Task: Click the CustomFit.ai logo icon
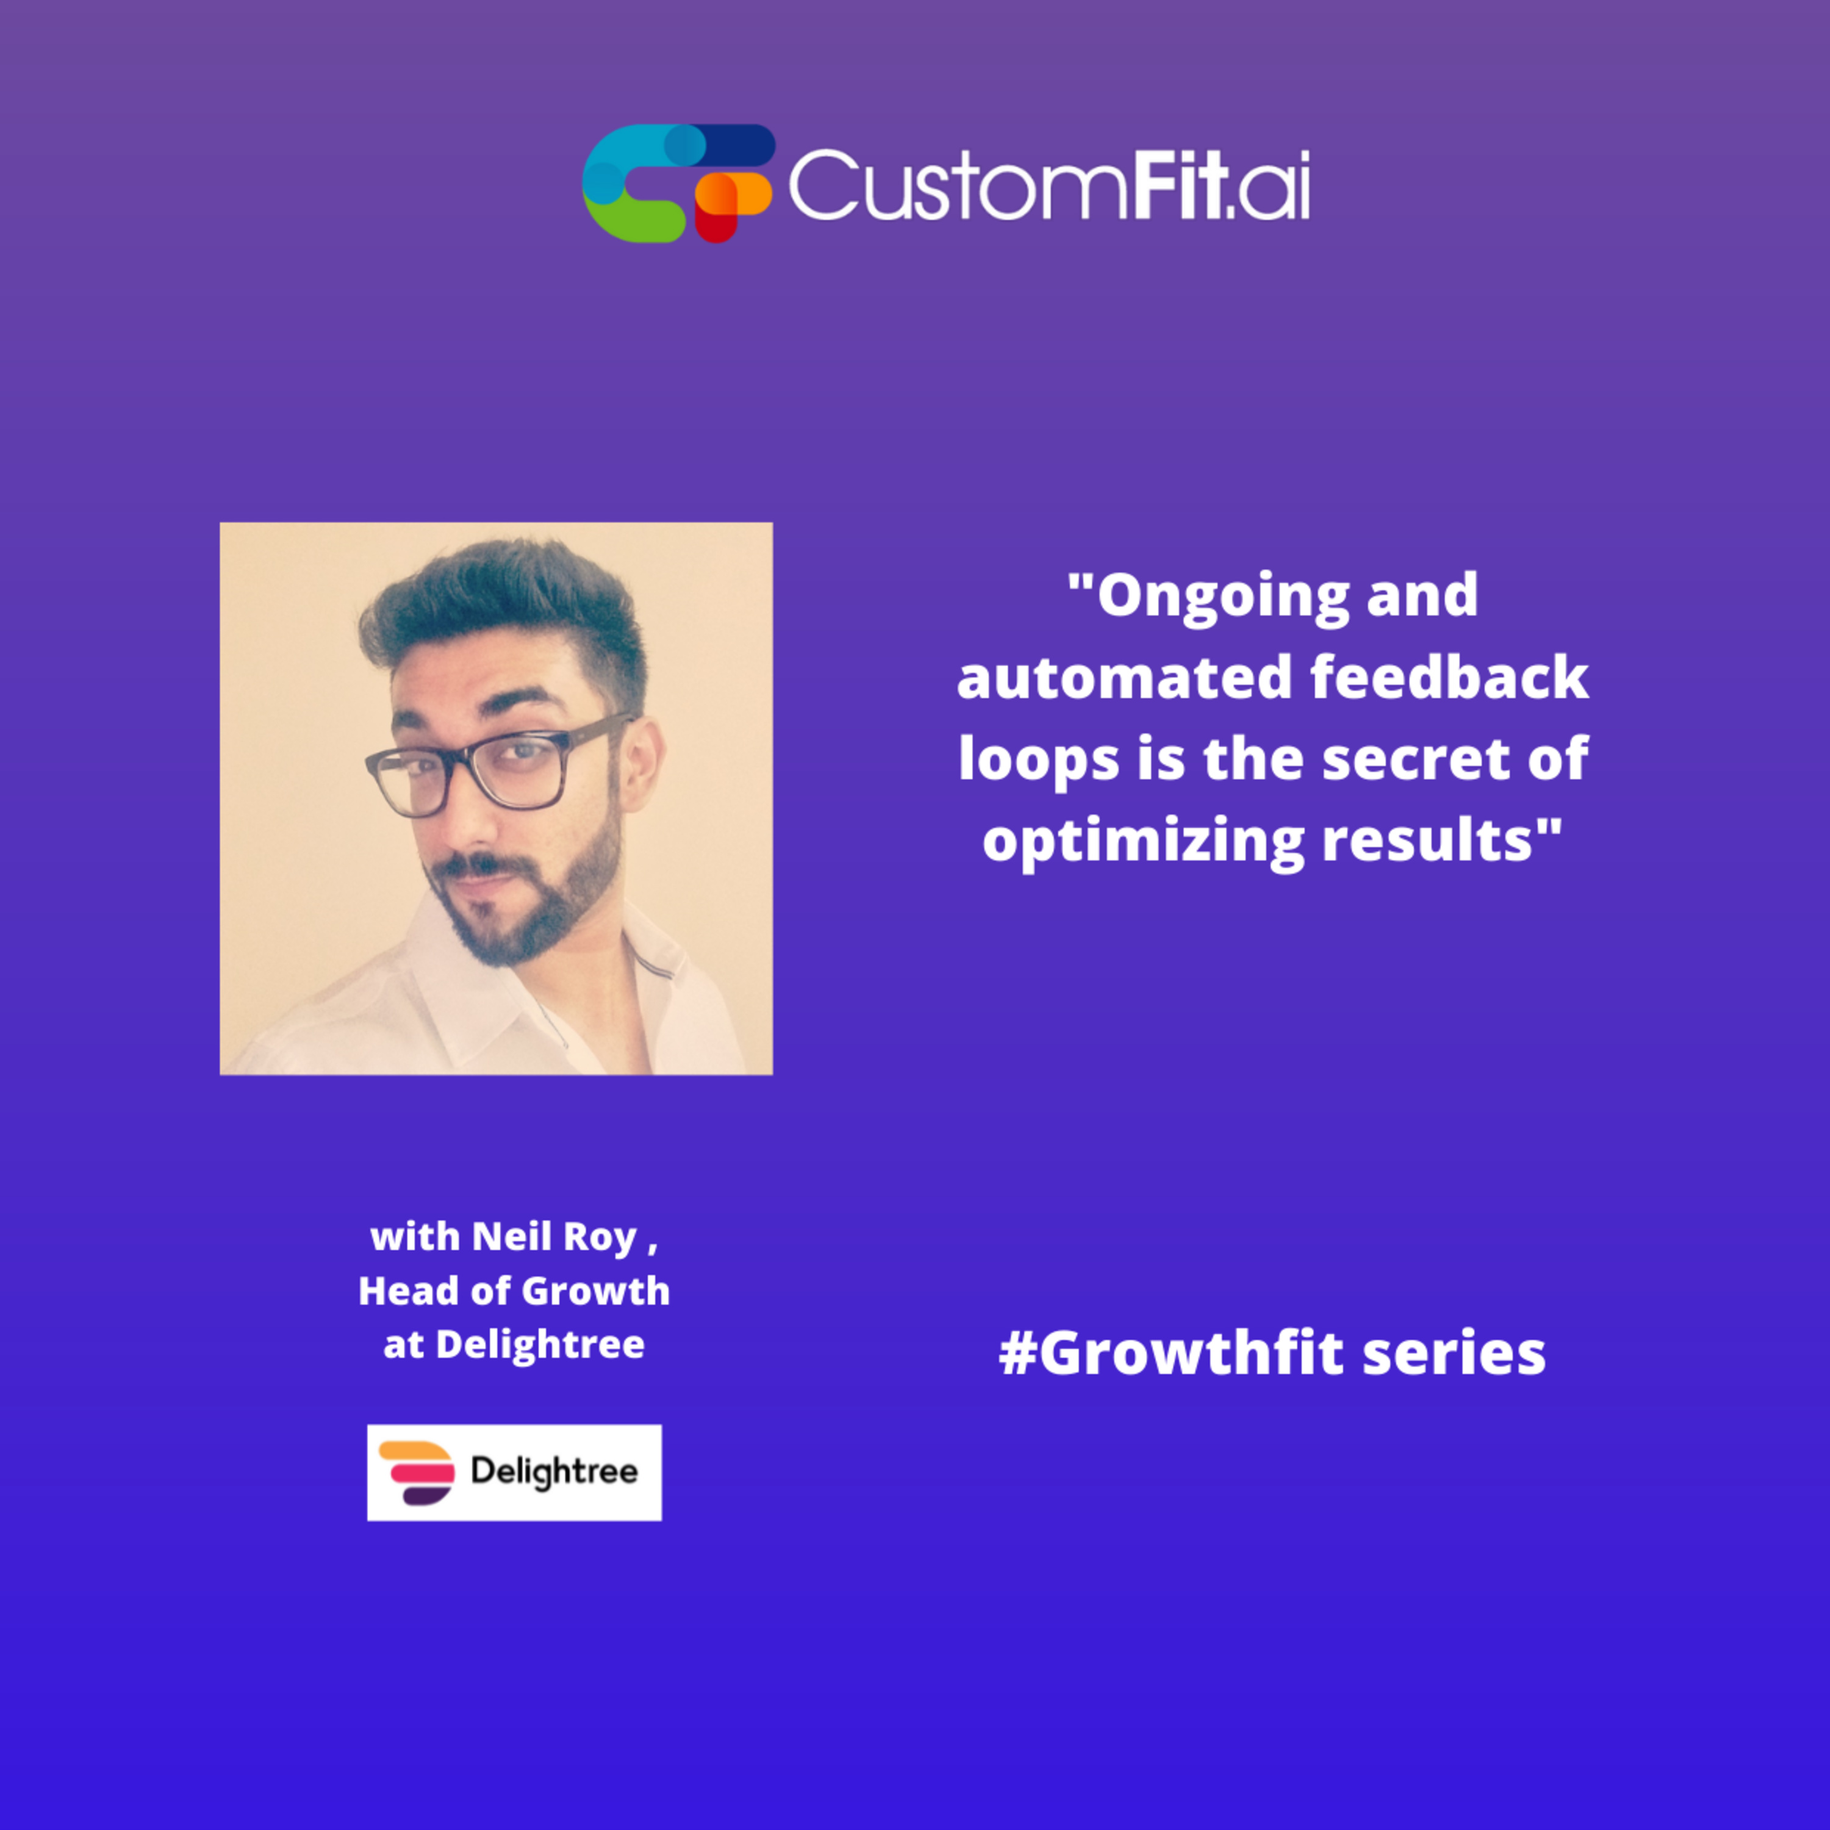point(678,183)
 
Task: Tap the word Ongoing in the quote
point(1222,597)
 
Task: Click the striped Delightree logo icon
point(417,1473)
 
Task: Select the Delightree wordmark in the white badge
point(554,1473)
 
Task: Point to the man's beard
point(531,910)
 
